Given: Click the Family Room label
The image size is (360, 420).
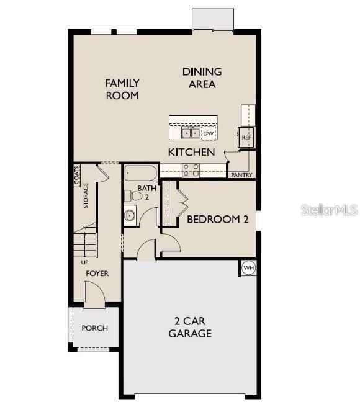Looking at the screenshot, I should (x=122, y=89).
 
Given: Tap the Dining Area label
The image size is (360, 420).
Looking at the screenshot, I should (x=202, y=78).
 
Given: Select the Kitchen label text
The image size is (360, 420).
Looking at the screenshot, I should (x=192, y=152).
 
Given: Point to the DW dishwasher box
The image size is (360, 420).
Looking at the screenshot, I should (x=209, y=133).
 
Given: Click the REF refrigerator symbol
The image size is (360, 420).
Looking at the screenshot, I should (x=246, y=137).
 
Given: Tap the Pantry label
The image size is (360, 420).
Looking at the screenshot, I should (x=241, y=175).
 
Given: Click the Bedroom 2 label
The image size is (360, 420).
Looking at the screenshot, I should (x=218, y=219).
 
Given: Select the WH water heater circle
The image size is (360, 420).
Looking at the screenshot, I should (x=248, y=268).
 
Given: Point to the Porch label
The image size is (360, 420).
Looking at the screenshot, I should (x=94, y=328).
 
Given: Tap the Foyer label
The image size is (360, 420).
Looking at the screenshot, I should (x=97, y=274).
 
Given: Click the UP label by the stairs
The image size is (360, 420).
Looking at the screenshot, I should (x=84, y=262).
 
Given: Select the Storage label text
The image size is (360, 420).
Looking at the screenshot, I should (x=86, y=196).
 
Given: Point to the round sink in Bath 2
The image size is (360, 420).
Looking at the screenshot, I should (x=130, y=216).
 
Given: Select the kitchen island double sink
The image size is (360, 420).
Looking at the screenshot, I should (x=190, y=133).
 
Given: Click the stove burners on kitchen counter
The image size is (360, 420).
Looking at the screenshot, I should (x=191, y=169).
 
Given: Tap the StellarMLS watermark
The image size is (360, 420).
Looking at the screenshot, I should (x=330, y=211).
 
